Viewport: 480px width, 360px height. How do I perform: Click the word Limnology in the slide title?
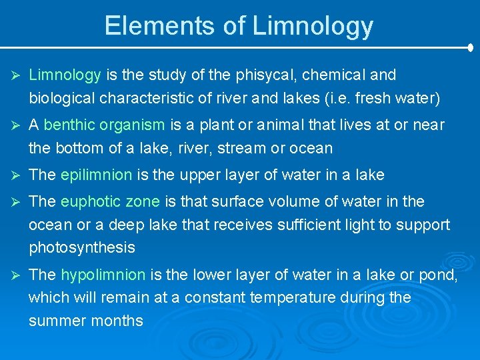tap(313, 25)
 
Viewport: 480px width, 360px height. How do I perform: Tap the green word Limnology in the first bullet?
tap(65, 75)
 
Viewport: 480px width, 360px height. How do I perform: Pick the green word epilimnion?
tap(96, 175)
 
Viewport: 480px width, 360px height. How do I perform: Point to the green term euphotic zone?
tap(110, 201)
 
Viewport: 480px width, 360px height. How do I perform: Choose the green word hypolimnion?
tap(103, 274)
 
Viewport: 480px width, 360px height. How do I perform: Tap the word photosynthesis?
tap(82, 248)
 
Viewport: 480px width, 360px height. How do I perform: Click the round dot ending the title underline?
tap(471, 47)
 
